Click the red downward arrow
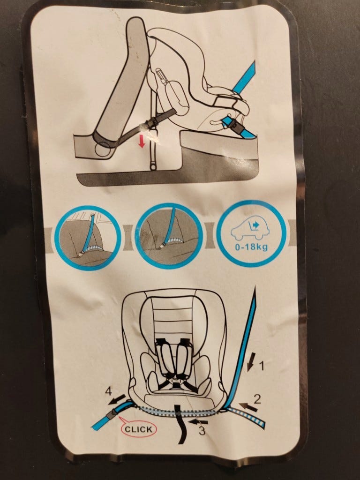point(142,142)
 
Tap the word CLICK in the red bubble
point(139,429)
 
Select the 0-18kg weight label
point(251,247)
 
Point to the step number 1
point(262,366)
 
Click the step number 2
point(257,399)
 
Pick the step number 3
point(202,430)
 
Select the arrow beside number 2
point(248,407)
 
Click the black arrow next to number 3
point(198,422)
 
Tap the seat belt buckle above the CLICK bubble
point(111,413)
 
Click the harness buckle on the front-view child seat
point(175,383)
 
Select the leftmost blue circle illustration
point(88,238)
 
